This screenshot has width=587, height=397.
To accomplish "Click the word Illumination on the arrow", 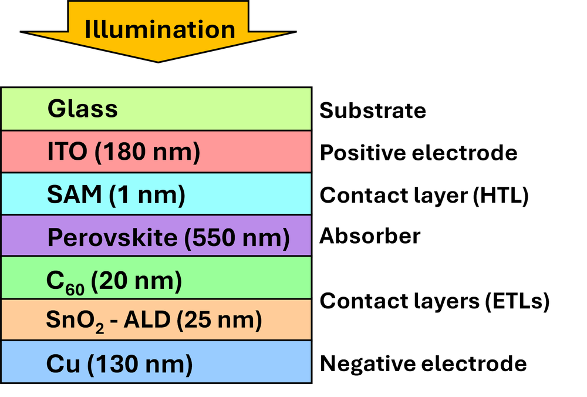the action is click(160, 29).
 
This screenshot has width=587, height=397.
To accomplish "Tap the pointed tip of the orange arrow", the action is click(158, 60).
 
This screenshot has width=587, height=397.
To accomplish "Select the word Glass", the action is click(83, 109).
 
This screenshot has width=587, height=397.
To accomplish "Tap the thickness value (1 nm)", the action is click(147, 195).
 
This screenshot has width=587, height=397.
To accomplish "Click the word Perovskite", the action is click(112, 238).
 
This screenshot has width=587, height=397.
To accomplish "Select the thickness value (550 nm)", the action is click(237, 238).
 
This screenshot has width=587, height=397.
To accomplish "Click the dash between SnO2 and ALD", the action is click(114, 321).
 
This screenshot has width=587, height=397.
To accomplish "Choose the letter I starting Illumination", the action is click(88, 29).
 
